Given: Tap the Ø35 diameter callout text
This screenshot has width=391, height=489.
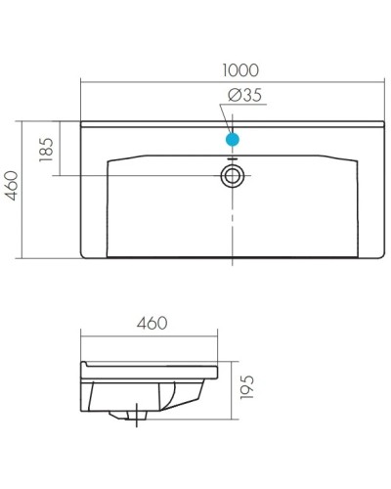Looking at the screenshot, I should (x=243, y=95).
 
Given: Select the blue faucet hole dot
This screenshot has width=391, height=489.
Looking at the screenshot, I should (x=233, y=140).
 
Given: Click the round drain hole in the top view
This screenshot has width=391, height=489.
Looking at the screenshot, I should (x=233, y=176).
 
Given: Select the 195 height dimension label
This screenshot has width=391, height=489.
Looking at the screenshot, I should (x=247, y=388).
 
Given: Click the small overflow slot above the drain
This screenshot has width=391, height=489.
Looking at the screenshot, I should (x=233, y=158).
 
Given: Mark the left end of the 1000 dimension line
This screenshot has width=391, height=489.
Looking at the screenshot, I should (x=80, y=82).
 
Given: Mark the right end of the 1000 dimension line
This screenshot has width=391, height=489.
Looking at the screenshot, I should (x=384, y=82).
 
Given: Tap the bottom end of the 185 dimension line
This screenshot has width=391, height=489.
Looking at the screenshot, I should (x=62, y=176).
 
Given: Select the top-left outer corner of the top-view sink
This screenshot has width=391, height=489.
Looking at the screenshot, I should (x=81, y=122).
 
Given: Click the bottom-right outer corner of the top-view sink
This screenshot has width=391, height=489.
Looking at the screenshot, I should (x=383, y=259).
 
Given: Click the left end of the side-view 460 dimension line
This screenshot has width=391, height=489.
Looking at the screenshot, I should (x=80, y=335).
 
